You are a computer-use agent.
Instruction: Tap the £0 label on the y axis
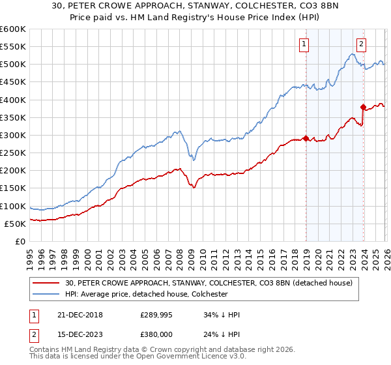click(x=21, y=242)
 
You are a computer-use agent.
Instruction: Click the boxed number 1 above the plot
click(x=304, y=44)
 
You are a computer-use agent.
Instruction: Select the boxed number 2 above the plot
click(x=361, y=44)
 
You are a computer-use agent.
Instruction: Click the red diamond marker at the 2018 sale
click(x=306, y=138)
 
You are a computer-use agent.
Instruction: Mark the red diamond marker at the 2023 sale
click(x=363, y=106)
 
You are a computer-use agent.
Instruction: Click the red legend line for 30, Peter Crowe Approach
click(x=47, y=283)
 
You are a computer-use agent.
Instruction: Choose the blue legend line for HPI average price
click(x=47, y=294)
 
